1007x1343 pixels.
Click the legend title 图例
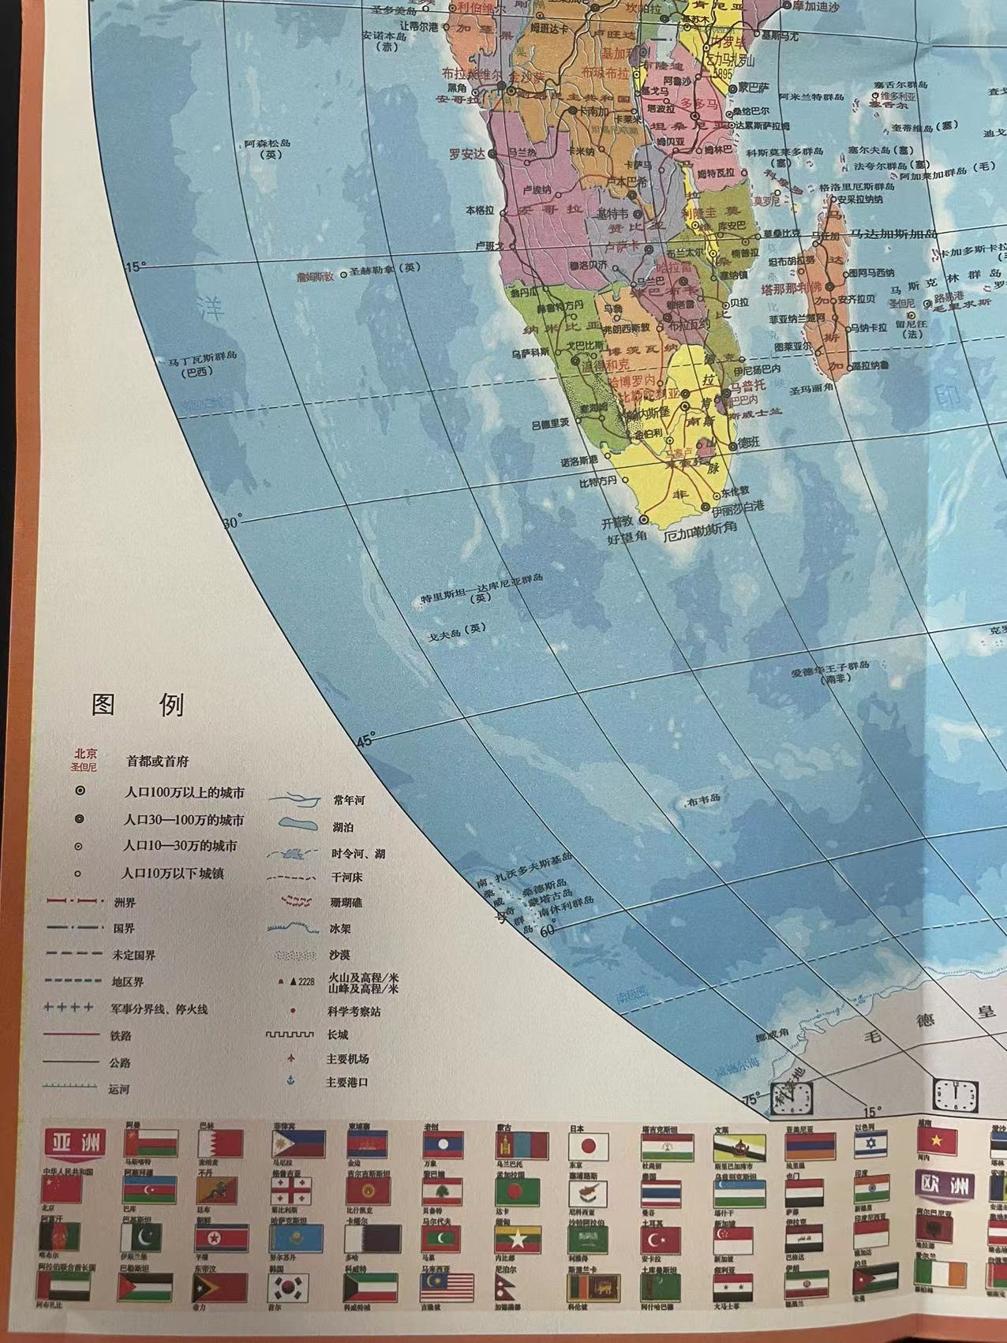[138, 705]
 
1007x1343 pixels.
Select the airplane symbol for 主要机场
[291, 1057]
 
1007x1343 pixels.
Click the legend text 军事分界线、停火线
[159, 1008]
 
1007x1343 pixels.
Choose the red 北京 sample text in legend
[84, 753]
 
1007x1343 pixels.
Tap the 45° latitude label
[365, 739]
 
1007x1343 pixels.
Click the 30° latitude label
[233, 522]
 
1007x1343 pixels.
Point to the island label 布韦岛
[703, 799]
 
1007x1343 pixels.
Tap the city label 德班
[747, 443]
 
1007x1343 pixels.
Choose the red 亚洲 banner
[74, 1141]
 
